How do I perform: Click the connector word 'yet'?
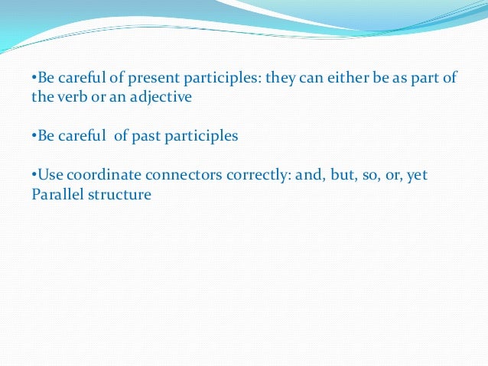pos(417,175)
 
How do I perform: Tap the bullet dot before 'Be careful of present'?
pos(34,79)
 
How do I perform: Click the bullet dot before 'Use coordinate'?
pos(34,175)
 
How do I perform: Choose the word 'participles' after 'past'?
pos(201,136)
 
